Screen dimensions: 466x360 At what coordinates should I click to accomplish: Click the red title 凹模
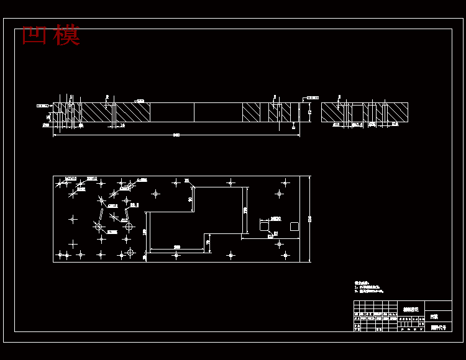pos(51,35)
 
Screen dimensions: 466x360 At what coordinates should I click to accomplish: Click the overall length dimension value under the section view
pos(176,134)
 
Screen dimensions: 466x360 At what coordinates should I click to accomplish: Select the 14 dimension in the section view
pos(122,125)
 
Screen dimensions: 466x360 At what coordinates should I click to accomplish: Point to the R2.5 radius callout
pos(134,204)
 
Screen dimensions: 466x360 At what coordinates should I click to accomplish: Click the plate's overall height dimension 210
pos(309,218)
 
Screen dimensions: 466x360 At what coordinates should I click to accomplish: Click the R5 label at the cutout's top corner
pos(186,181)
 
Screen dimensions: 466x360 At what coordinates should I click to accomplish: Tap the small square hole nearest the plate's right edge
pos(294,227)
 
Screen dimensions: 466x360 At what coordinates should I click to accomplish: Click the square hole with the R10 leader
pos(264,227)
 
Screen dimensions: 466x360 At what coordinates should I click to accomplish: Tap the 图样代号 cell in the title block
pos(438,327)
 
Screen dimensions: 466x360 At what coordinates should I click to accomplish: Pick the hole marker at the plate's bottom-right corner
pos(285,254)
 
